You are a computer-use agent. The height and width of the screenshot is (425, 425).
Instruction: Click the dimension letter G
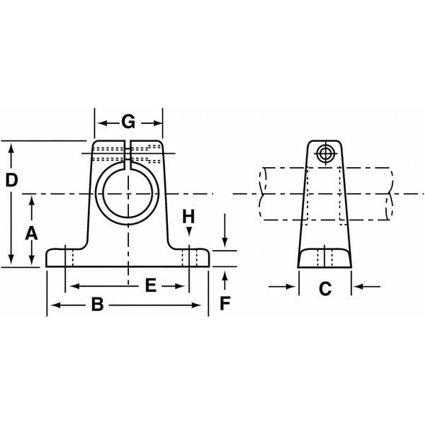pos(128,121)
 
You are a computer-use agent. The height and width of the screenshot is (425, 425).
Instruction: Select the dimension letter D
pos(12,180)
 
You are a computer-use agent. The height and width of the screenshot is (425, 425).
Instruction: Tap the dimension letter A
pos(31,232)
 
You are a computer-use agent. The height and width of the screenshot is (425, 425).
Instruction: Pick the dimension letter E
pos(151,286)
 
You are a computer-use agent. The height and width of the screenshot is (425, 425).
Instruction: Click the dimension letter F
pos(225,303)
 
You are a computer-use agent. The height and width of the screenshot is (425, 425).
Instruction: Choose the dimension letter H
pos(188,216)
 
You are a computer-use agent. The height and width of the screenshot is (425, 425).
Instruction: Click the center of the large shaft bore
pos(127,194)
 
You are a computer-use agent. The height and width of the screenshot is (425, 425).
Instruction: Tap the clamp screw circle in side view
pos(325,153)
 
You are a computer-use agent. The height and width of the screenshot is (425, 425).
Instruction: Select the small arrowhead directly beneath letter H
pos(189,231)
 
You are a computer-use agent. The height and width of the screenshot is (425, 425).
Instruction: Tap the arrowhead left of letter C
pos(292,287)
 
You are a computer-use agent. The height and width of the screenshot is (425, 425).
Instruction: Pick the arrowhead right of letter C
pos(357,287)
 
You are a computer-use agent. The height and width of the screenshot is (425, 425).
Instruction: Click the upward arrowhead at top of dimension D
pos(12,147)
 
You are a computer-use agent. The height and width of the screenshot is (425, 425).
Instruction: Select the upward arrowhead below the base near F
pos(225,274)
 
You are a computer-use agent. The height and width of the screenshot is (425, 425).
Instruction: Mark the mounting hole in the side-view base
pos(325,256)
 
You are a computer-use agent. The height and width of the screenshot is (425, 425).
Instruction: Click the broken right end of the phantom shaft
pos(391,194)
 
